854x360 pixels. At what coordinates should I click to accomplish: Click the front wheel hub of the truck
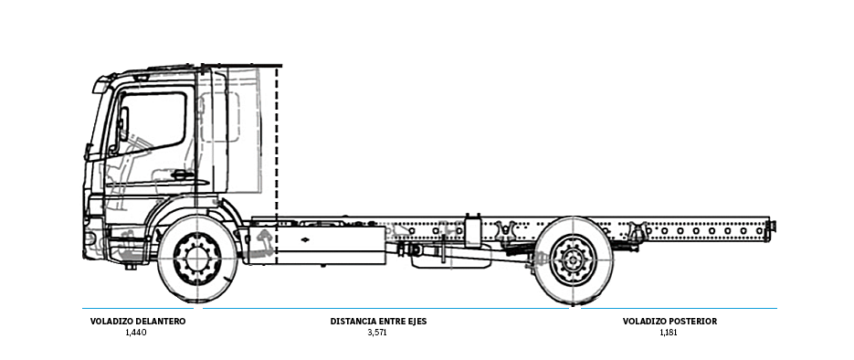coord(196,259)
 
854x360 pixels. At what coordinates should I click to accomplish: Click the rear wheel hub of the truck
coord(573,259)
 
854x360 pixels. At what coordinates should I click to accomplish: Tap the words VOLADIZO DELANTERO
coord(138,322)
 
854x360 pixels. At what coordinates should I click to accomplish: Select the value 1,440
coord(136,333)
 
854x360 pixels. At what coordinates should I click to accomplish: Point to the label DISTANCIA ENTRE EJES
coord(378,322)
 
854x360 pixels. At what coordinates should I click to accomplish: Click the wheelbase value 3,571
coord(377,333)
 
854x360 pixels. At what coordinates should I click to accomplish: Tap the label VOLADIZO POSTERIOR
coord(669,322)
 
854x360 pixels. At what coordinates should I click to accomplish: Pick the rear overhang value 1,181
coord(669,333)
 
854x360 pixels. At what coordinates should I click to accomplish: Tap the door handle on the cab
coord(183,175)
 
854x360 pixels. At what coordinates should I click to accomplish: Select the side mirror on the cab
coord(121,125)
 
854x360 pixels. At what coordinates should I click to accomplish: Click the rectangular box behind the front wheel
coord(331,239)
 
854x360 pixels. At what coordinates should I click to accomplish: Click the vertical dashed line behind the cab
coord(277,164)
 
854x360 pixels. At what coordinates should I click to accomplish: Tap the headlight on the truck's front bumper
coord(90,238)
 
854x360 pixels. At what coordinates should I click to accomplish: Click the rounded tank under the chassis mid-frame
coord(442,259)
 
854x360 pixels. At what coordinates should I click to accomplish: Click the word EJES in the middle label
coord(416,322)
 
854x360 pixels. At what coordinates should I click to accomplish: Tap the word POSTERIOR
coord(691,322)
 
